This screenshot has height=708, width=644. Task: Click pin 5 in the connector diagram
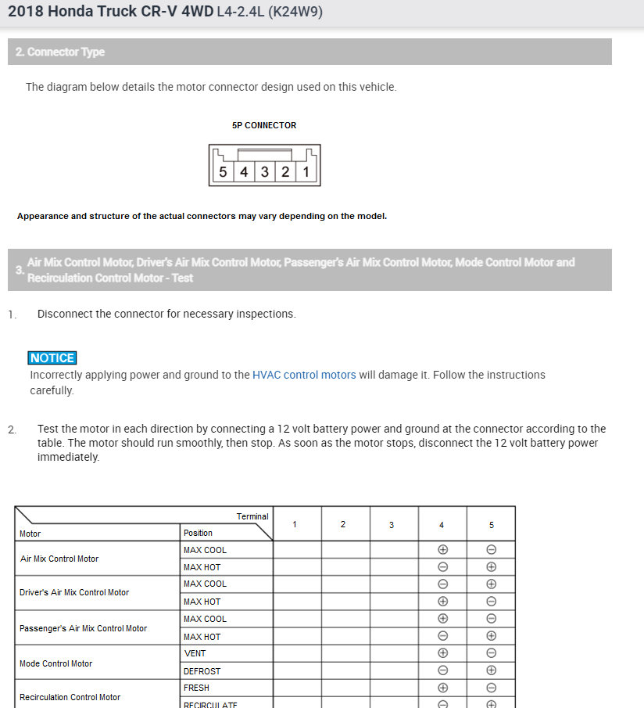(223, 172)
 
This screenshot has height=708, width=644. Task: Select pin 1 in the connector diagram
(306, 172)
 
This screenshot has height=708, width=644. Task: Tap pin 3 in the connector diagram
(265, 172)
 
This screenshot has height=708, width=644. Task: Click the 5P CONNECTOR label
(264, 125)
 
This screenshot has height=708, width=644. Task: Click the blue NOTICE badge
(52, 358)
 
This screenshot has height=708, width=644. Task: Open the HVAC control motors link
(304, 375)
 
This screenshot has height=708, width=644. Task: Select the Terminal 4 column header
(442, 524)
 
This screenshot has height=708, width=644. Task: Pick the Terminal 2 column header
(343, 524)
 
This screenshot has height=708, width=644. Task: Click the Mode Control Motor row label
(55, 663)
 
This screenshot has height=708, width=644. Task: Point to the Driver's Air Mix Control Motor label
(74, 592)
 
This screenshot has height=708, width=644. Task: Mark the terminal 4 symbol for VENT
(442, 653)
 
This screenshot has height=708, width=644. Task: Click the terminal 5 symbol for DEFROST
(492, 671)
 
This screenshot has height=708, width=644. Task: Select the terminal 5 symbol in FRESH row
(492, 688)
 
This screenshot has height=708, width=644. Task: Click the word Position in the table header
(198, 533)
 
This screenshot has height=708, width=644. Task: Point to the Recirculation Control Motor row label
(70, 697)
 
